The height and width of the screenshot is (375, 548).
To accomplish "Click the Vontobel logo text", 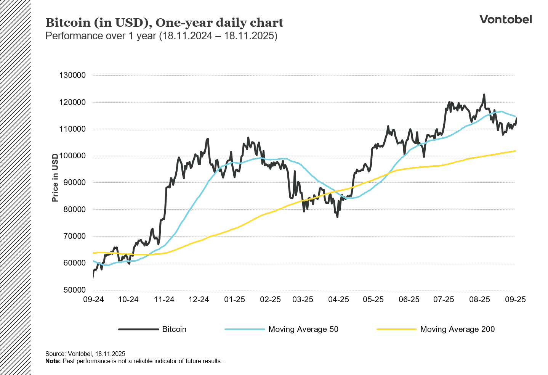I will click(505, 19).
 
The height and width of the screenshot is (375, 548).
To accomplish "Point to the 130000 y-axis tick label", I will click(72, 75).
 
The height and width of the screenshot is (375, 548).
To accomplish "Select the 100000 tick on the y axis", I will click(72, 156).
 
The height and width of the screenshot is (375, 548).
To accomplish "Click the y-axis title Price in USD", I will click(56, 178).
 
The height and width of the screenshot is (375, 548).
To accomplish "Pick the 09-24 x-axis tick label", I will click(93, 299).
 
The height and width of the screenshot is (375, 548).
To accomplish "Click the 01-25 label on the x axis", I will click(234, 299).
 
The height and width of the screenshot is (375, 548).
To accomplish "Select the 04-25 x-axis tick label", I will click(338, 299).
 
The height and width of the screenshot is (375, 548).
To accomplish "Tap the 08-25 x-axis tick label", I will click(479, 299).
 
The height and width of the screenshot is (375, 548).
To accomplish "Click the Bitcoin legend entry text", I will click(174, 329).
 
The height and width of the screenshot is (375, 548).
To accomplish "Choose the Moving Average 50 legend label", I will click(303, 329).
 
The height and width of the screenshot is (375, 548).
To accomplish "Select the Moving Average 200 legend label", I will click(457, 329).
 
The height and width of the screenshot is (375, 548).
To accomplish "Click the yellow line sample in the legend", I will click(396, 329).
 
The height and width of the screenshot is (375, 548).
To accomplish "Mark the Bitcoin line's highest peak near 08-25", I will click(484, 95).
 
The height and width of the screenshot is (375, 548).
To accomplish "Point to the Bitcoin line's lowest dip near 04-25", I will click(337, 217).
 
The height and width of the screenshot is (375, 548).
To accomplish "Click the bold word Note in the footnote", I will click(53, 361).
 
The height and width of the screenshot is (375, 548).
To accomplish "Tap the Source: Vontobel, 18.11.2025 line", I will click(85, 354).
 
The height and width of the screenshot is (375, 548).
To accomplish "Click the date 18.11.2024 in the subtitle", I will click(186, 36).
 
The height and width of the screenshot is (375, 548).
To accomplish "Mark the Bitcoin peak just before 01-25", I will click(208, 139).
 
